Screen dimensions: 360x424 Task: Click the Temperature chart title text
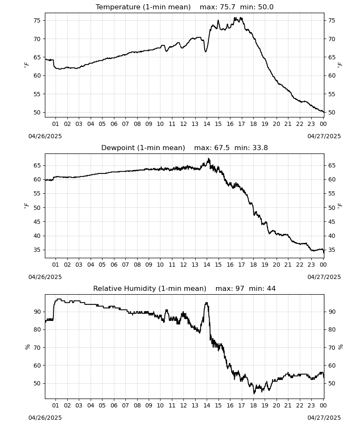[143, 7]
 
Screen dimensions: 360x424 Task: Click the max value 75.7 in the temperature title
[227, 7]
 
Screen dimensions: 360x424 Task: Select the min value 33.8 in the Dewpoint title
[260, 148]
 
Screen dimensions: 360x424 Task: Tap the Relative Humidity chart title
[150, 288]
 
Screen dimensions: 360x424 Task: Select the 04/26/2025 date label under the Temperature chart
[45, 136]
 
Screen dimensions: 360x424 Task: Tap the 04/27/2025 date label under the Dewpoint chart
[324, 277]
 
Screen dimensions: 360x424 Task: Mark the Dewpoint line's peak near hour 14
[208, 159]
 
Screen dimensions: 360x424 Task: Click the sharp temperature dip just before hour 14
[205, 51]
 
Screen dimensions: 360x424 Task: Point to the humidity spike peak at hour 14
[207, 303]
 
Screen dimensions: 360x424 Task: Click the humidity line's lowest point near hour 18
[254, 393]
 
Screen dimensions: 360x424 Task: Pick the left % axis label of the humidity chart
[27, 347]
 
